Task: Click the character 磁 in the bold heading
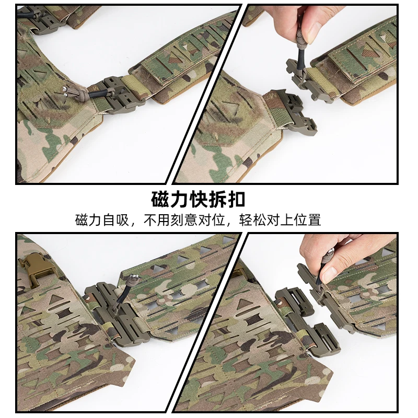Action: pyautogui.click(x=160, y=200)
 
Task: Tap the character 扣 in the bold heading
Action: pyautogui.click(x=236, y=200)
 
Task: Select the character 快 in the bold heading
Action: pyautogui.click(x=198, y=200)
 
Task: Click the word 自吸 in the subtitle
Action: pyautogui.click(x=116, y=220)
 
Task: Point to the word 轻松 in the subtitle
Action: pyautogui.click(x=252, y=220)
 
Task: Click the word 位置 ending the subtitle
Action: pyautogui.click(x=307, y=220)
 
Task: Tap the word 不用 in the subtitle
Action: pyautogui.click(x=157, y=220)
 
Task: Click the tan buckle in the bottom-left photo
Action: pyautogui.click(x=37, y=265)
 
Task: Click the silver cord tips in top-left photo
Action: pyautogui.click(x=65, y=90)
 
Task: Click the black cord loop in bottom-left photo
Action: pyautogui.click(x=121, y=298)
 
